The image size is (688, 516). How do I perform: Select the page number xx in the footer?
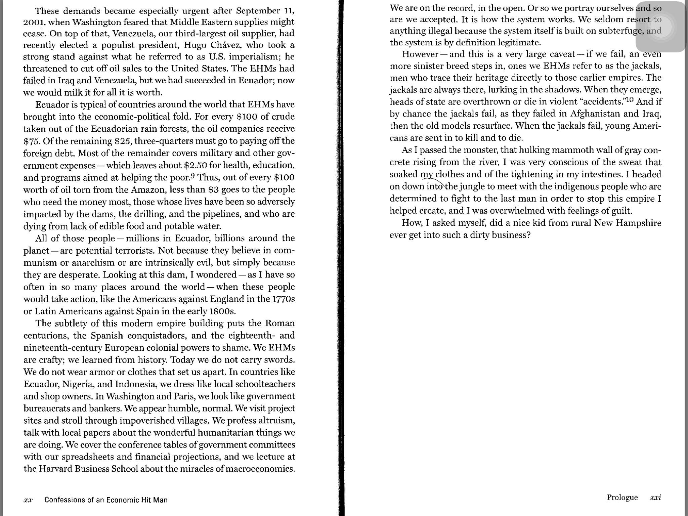click(x=28, y=500)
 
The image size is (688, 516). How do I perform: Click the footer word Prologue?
click(x=622, y=498)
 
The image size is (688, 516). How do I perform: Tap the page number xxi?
click(x=655, y=498)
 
